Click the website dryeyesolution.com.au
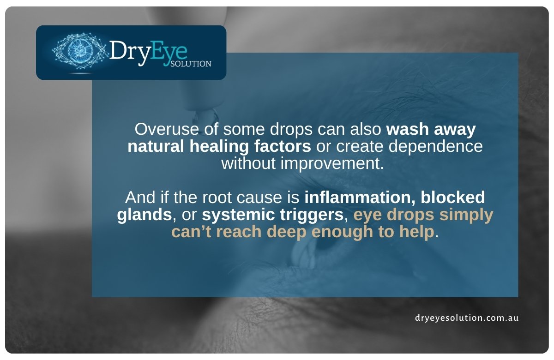[466, 318]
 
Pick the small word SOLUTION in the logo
[191, 64]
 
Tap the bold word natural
[156, 146]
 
